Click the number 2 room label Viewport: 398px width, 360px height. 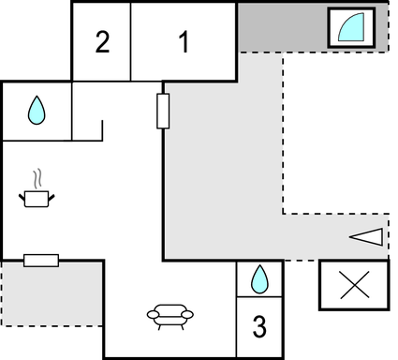point(102,42)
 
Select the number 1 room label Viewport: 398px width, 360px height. point(183,42)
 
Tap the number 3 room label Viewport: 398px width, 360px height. point(259,327)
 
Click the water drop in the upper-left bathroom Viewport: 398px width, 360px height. point(36,111)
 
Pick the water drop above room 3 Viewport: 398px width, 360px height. point(259,278)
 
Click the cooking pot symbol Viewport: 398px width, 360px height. point(37,198)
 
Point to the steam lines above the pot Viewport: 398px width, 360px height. point(37,177)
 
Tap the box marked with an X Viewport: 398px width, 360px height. point(353,285)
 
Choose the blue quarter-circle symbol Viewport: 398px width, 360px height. point(351,27)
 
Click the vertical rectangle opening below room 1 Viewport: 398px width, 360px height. point(163,111)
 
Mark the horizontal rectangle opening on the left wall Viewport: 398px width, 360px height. point(41,260)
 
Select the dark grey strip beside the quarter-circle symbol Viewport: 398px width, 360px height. point(281,27)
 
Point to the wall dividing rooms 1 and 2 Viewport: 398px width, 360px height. point(131,41)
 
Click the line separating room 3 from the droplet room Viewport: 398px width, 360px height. point(259,297)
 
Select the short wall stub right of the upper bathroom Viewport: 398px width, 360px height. point(101,128)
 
